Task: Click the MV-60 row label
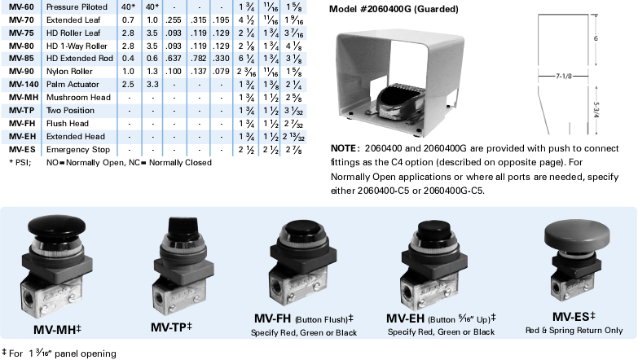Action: (20, 7)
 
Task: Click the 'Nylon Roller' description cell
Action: (69, 71)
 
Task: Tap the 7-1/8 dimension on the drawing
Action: (567, 76)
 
